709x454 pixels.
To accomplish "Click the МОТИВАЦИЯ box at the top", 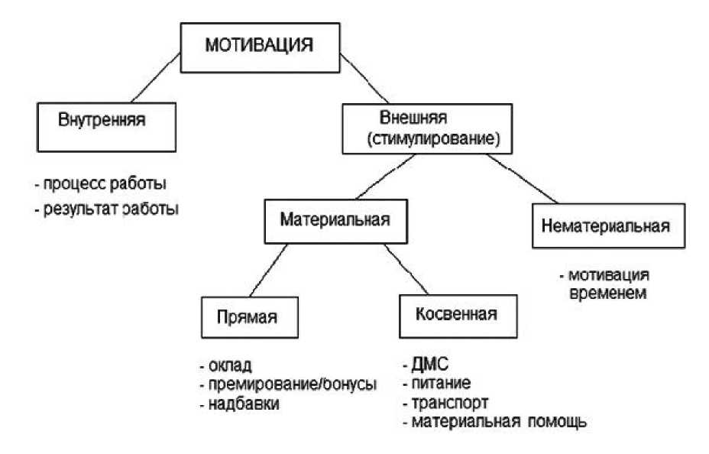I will (x=260, y=47).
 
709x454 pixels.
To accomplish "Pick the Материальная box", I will (x=335, y=221).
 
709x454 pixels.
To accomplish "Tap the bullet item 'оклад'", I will (x=228, y=365).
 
